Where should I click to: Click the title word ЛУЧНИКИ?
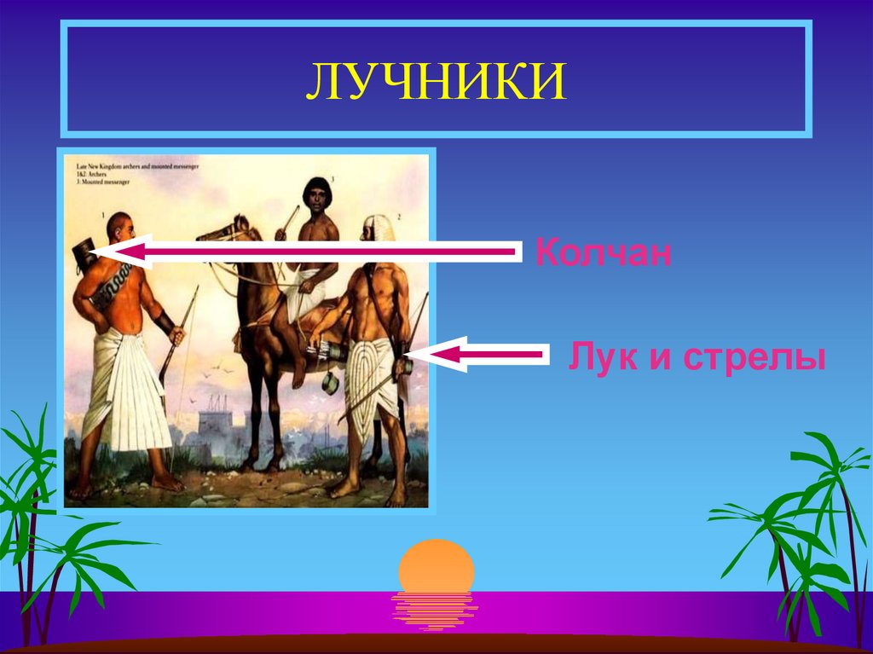click(436, 84)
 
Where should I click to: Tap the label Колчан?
click(604, 253)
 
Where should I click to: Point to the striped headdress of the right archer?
click(378, 230)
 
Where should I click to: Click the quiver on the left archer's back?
click(85, 254)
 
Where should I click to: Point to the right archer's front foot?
click(344, 489)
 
